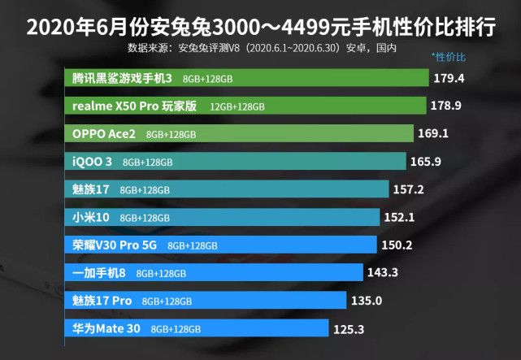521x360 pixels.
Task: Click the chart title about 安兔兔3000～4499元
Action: coord(260,28)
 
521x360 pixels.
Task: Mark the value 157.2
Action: coord(410,189)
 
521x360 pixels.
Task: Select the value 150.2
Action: coord(399,245)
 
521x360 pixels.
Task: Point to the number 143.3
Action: coord(382,273)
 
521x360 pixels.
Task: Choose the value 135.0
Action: coord(367,301)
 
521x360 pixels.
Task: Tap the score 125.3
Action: coord(348,329)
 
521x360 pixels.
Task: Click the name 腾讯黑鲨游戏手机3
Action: coord(122,79)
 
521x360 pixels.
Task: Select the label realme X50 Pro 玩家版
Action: coord(135,106)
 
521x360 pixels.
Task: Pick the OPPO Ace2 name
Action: coord(104,133)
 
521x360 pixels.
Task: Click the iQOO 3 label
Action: coord(90,162)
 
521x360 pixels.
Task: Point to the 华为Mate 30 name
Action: coord(106,329)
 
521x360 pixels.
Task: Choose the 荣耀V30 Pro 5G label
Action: coord(115,245)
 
